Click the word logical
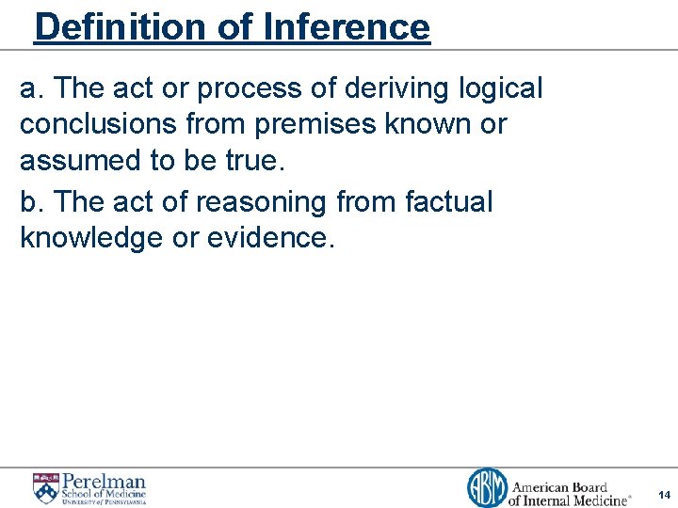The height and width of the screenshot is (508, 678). (x=501, y=89)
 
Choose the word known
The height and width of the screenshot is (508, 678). (x=441, y=124)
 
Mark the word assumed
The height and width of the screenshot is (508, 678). (x=83, y=161)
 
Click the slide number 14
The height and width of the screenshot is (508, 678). (x=664, y=495)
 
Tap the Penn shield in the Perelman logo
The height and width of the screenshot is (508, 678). (x=45, y=488)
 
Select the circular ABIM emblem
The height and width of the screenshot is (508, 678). (x=487, y=488)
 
